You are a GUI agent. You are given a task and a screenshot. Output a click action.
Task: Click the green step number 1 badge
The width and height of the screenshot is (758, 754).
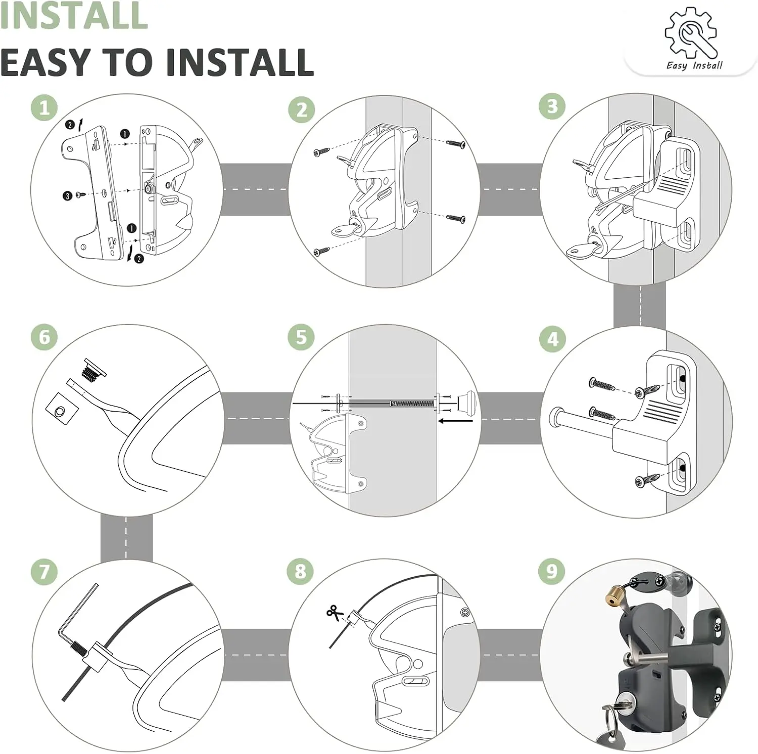coord(44,108)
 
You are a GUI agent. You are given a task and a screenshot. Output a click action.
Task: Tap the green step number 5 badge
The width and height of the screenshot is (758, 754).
coord(302,337)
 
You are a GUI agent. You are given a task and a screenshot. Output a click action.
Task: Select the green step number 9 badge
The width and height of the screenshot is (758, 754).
coord(551,571)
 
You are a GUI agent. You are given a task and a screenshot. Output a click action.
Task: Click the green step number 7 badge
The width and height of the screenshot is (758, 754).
coord(44,571)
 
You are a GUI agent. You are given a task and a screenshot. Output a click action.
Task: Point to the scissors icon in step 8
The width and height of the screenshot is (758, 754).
coord(334,613)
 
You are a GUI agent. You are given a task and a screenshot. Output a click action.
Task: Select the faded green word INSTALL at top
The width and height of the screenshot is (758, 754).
coord(74,15)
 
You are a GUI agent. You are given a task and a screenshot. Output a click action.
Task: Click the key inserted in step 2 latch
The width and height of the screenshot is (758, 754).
coord(344,230)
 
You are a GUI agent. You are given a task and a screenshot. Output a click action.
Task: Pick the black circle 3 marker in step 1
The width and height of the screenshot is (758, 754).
coord(68,195)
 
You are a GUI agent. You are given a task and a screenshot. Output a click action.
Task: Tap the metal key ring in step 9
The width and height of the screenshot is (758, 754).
coord(610,718)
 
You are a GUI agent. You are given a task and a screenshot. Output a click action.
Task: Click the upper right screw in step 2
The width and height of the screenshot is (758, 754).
coord(456,143)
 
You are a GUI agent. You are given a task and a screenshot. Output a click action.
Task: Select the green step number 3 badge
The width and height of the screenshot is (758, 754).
coord(552,106)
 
